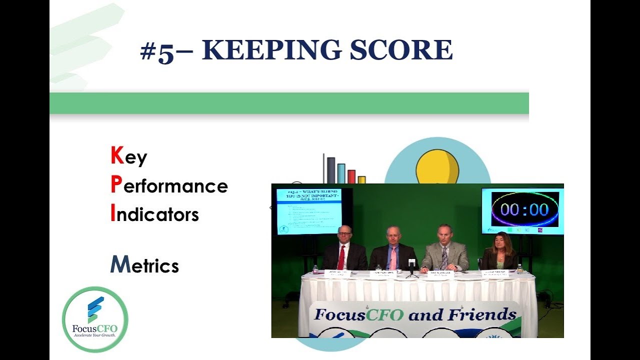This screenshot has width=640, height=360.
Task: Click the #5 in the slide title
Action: click(x=157, y=52)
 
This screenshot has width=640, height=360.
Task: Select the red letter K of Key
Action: click(x=117, y=156)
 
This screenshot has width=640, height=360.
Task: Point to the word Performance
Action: click(x=169, y=185)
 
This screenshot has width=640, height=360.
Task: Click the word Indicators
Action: click(x=154, y=214)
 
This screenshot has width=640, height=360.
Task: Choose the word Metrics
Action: click(x=144, y=265)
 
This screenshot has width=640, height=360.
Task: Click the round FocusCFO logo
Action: click(x=95, y=319)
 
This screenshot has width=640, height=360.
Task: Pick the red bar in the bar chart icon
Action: click(x=351, y=176)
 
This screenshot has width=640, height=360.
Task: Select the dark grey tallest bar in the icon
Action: click(x=331, y=170)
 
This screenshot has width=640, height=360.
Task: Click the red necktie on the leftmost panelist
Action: click(x=341, y=257)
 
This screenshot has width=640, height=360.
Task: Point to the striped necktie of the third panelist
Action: click(x=444, y=258)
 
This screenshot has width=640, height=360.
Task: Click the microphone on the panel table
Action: click(x=412, y=263)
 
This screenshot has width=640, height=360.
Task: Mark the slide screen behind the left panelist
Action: click(x=309, y=210)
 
